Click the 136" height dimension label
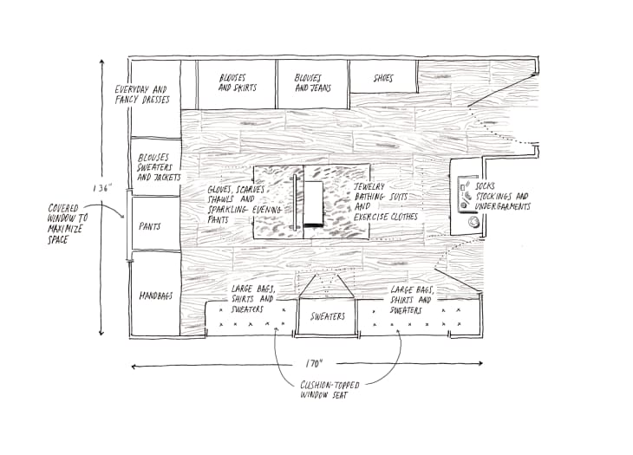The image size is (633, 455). (101, 188)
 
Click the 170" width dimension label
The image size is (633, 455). (314, 364)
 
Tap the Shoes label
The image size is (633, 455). (383, 78)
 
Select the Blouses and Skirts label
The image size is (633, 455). (238, 82)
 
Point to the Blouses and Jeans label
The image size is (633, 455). (313, 83)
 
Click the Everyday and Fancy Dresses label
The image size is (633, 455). (142, 94)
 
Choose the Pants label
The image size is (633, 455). (150, 226)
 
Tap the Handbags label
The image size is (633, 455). (156, 296)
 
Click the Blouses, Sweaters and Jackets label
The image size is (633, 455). (159, 167)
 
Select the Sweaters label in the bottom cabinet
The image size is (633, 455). (328, 316)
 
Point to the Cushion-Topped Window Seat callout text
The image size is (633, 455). (330, 390)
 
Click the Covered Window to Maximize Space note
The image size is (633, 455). (68, 224)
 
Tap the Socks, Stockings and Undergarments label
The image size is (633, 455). (502, 197)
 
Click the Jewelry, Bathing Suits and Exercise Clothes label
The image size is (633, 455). (386, 202)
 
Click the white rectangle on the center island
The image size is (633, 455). (314, 203)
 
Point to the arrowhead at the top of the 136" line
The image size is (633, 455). (101, 62)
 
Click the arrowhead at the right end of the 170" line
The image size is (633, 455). (480, 363)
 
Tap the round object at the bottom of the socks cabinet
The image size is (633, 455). (473, 222)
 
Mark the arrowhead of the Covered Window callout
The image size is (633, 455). (122, 217)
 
